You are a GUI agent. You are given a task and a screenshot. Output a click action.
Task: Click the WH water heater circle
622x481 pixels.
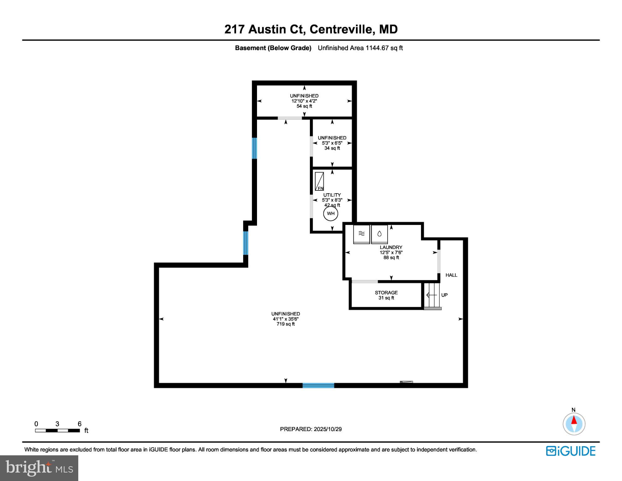click(x=331, y=214)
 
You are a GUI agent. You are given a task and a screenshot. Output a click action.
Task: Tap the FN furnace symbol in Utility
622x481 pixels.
click(x=319, y=181)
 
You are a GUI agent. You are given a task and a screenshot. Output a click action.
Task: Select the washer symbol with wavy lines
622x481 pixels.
click(x=362, y=234)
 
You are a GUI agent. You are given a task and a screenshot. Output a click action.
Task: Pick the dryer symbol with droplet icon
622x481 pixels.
click(x=379, y=234)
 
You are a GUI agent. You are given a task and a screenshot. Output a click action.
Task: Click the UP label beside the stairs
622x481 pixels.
click(x=444, y=295)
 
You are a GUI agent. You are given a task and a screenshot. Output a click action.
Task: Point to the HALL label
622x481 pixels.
click(x=451, y=275)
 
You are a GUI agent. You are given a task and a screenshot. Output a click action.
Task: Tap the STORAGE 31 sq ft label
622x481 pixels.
click(x=386, y=295)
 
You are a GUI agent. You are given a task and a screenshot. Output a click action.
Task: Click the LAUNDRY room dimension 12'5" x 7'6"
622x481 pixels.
click(x=391, y=252)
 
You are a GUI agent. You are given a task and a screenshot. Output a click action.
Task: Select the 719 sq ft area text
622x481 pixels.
click(x=285, y=324)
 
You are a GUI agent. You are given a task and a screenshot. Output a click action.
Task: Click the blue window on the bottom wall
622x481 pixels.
click(x=318, y=385)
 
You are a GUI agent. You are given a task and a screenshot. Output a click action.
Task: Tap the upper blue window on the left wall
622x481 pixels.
click(x=254, y=148)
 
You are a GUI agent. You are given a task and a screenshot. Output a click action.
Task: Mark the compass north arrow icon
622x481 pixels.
click(x=574, y=424)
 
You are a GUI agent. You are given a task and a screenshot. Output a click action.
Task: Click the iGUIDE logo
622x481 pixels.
click(x=571, y=451)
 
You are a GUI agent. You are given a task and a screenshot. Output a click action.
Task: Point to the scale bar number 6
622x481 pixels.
click(x=80, y=424)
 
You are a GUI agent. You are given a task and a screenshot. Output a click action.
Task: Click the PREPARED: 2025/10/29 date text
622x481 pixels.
click(x=311, y=429)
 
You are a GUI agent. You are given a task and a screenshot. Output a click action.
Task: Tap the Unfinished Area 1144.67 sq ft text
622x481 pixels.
click(x=360, y=48)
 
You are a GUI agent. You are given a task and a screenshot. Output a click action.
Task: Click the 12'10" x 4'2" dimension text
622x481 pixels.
click(x=304, y=101)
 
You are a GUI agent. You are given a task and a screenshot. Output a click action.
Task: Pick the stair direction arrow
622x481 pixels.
click(x=431, y=295)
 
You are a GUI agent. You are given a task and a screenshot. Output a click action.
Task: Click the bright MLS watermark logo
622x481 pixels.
click(x=39, y=468)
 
